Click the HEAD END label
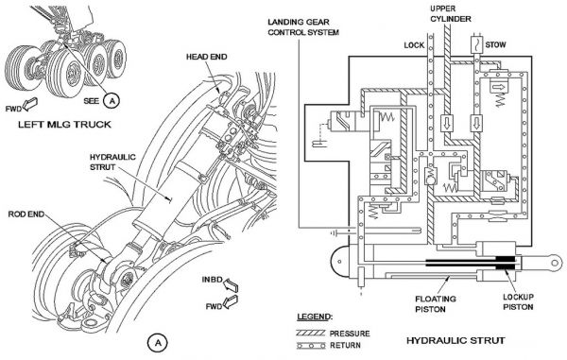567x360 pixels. [206, 57]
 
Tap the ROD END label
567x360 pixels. [26, 214]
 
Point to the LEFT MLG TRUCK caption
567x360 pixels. [64, 125]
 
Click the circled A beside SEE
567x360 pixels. [112, 100]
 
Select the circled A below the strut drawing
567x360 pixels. [157, 343]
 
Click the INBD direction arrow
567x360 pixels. [231, 284]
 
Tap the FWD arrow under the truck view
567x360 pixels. [29, 104]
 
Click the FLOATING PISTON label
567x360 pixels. [435, 304]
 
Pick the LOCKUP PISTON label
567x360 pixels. [518, 301]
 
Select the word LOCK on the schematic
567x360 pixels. [414, 45]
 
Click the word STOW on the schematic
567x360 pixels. [495, 44]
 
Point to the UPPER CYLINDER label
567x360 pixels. [450, 14]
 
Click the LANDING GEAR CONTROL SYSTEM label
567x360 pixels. [303, 27]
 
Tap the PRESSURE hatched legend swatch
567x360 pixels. [311, 333]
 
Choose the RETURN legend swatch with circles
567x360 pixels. [311, 346]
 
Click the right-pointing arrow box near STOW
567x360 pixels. [499, 87]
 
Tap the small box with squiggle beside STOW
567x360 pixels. [477, 44]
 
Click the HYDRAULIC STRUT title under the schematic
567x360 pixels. [455, 340]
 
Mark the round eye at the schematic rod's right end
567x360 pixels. [555, 263]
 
